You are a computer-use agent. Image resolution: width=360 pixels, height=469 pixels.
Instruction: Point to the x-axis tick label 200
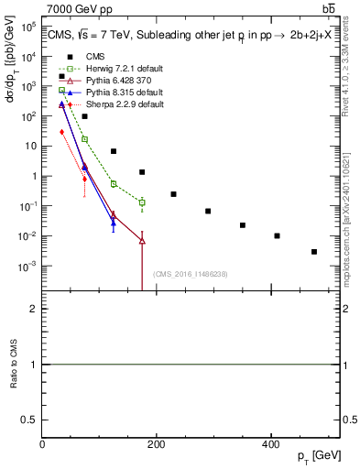[x=156, y=445]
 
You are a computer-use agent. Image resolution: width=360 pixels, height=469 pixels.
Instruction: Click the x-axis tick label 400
[x=270, y=445]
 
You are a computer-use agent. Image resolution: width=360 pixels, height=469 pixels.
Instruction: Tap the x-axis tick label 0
[x=42, y=445]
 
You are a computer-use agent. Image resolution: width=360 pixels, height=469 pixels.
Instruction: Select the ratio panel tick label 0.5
[x=31, y=420]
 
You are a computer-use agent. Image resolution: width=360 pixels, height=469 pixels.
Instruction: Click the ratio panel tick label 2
[x=35, y=309]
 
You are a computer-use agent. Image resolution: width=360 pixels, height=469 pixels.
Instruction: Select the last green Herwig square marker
[x=142, y=202]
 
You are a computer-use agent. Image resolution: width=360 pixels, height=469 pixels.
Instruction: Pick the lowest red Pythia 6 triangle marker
[x=142, y=241]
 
